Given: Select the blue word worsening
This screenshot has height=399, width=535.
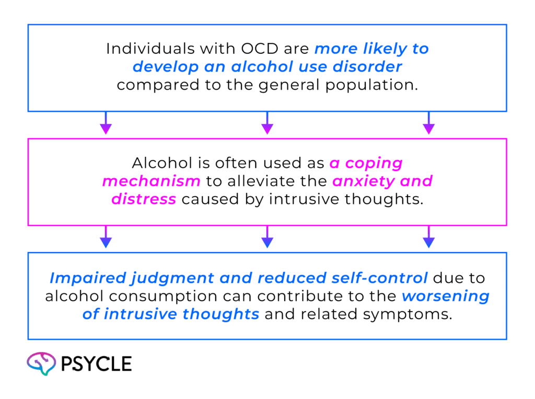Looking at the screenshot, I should [446, 297].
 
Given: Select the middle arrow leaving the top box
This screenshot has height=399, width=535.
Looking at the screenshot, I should [267, 124].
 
